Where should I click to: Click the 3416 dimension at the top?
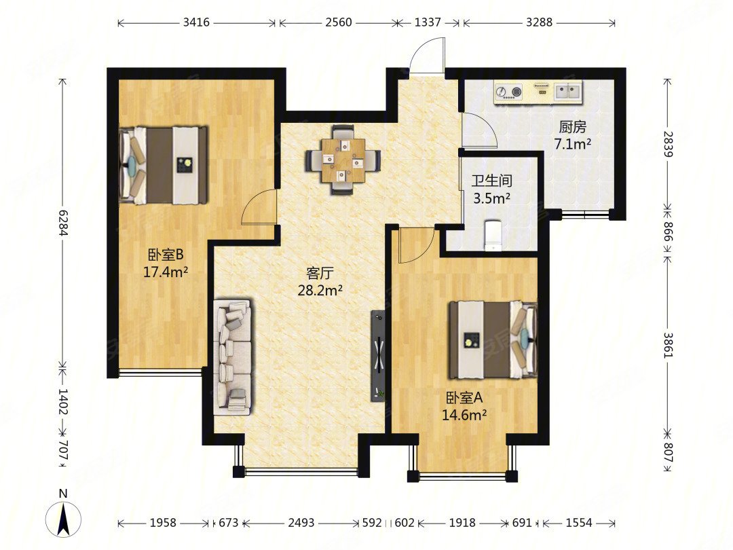coord(196,22)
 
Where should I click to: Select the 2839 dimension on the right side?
coord(668,144)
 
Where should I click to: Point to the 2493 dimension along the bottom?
coord(301,522)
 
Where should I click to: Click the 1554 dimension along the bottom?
coord(579,522)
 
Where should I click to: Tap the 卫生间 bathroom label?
coord(492,181)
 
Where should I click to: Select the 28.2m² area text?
coord(320,291)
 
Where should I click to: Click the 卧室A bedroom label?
coord(464,398)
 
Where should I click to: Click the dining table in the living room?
coord(343,160)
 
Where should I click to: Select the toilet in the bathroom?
coord(492,234)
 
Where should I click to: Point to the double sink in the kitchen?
coord(569,91)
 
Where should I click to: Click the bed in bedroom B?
coord(164,165)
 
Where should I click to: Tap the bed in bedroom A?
coord(493,340)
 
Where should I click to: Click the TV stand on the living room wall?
coord(378,356)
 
